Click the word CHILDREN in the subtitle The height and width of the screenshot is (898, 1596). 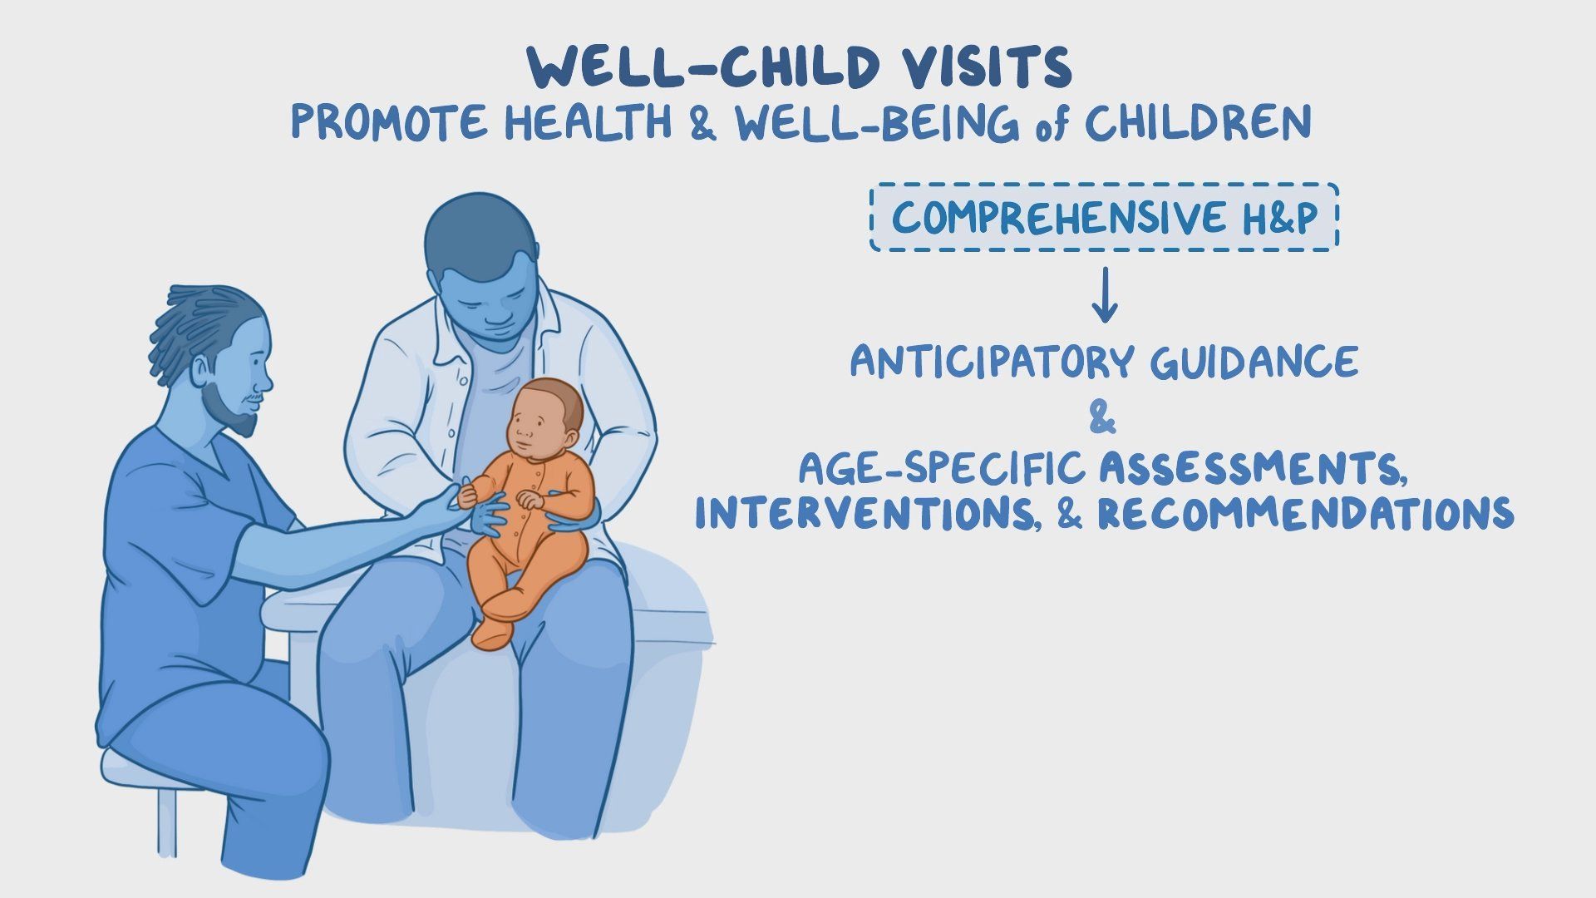(x=1198, y=122)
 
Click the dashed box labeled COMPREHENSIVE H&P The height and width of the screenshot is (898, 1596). (x=1104, y=217)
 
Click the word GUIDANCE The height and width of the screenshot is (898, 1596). (x=1254, y=362)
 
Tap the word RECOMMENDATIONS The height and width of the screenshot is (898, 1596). (x=1305, y=513)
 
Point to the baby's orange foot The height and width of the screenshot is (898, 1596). (x=493, y=632)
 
